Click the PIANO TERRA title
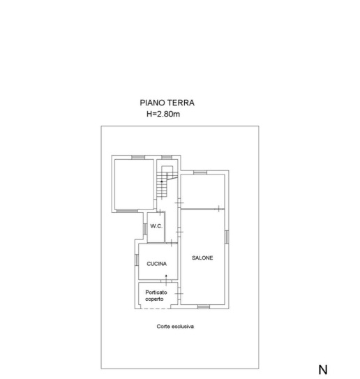click(167, 103)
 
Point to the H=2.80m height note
click(163, 114)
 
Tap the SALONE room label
click(202, 258)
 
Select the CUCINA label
click(156, 264)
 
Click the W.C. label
click(156, 226)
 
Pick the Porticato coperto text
click(156, 296)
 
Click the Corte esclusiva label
click(175, 327)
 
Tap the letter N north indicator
click(323, 369)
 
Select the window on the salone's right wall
click(227, 237)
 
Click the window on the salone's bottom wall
click(204, 306)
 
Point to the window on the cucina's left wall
click(137, 260)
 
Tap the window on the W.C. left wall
click(145, 229)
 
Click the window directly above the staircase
click(167, 157)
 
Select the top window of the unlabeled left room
click(138, 157)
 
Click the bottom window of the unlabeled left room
click(127, 211)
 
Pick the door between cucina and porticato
click(166, 281)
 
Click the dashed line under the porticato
click(156, 309)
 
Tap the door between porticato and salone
click(179, 293)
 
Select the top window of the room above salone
click(200, 172)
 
